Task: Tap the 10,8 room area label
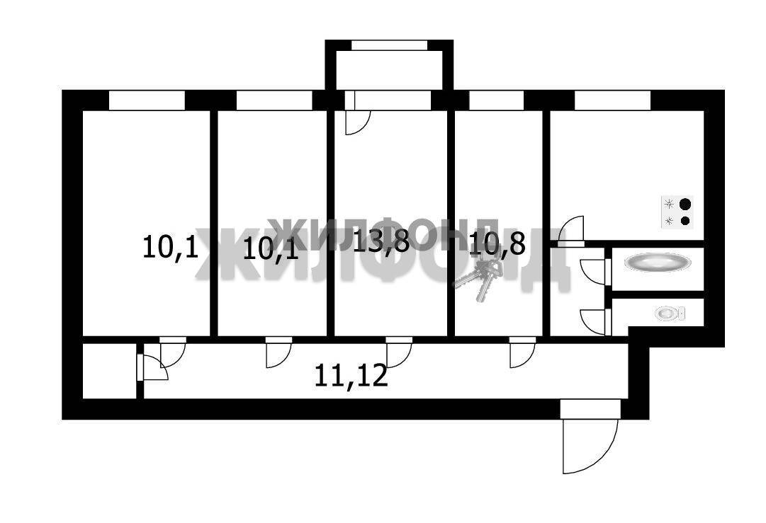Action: [497, 244]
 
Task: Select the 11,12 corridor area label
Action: [351, 376]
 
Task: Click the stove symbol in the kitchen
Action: [677, 212]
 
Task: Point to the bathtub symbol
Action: [658, 262]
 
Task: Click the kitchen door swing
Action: [571, 230]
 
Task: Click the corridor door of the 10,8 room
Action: [523, 352]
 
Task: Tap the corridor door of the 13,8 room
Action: [399, 352]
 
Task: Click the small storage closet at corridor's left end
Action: [109, 371]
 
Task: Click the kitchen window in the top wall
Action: [613, 100]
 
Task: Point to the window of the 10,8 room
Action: [496, 100]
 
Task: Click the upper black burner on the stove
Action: [686, 204]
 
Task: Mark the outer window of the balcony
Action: [389, 45]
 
